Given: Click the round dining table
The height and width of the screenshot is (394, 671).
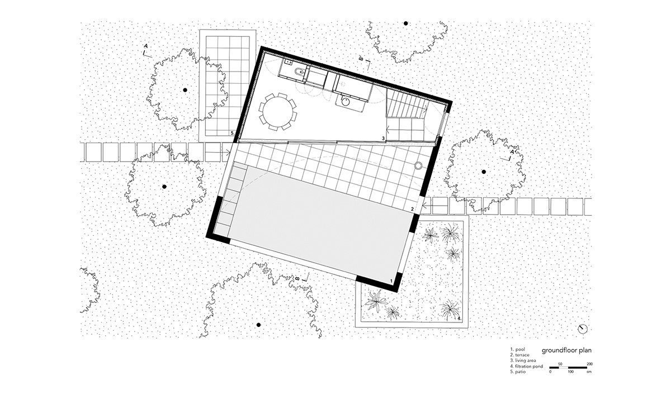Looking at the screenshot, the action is click(277, 111).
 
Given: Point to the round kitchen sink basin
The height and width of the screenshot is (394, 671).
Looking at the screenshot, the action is click(346, 102).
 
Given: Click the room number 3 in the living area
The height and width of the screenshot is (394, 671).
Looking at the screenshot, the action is click(383, 138).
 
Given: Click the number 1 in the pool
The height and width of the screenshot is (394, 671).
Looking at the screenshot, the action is click(391, 281).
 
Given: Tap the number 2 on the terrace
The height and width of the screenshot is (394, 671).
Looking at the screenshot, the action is click(412, 209).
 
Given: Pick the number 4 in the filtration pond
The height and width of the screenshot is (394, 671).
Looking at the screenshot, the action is click(459, 318).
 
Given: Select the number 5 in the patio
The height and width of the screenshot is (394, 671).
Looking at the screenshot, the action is click(233, 132).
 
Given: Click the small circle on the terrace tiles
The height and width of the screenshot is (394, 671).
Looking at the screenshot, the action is click(418, 165).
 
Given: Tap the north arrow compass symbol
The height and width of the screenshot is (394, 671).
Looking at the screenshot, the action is click(583, 329).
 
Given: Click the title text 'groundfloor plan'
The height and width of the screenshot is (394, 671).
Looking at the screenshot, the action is click(567, 350).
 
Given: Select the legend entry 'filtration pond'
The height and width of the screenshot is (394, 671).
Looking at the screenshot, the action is click(529, 366).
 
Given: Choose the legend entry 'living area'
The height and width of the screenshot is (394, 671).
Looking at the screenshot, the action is click(526, 360).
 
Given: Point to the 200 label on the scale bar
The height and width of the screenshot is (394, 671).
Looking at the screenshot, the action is click(589, 364).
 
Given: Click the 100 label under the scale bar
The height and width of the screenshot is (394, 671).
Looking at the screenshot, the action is click(570, 372).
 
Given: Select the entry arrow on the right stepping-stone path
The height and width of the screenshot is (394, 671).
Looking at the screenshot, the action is click(427, 206).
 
